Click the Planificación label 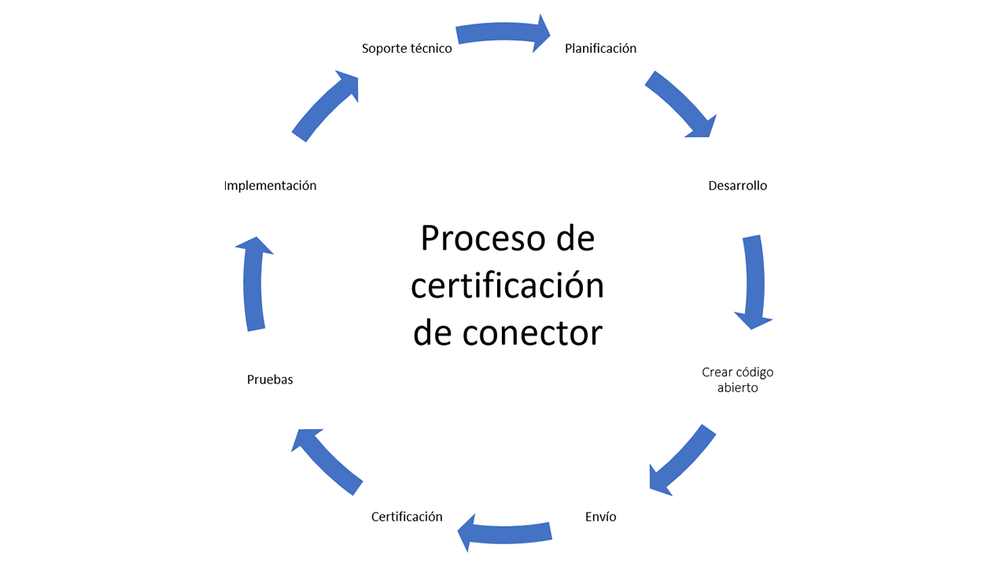[x=600, y=49]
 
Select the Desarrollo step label [x=737, y=186]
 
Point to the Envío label [x=601, y=517]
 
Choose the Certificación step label [x=407, y=517]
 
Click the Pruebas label [x=270, y=380]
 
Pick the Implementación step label [x=270, y=186]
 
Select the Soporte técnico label [x=407, y=49]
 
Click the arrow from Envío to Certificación [x=505, y=532]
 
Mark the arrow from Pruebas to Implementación [x=253, y=283]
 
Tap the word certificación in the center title [x=507, y=285]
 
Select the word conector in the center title [x=532, y=332]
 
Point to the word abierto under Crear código [x=737, y=387]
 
